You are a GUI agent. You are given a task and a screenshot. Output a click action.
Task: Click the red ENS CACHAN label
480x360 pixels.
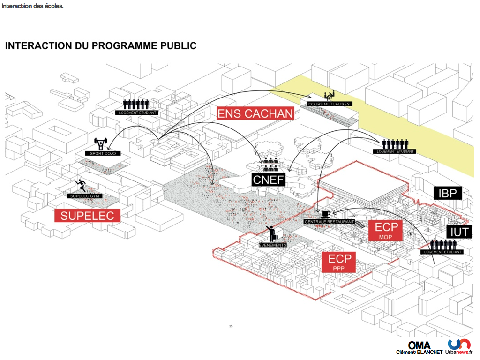[256, 113]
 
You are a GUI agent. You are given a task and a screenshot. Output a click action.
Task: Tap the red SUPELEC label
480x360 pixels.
[87, 215]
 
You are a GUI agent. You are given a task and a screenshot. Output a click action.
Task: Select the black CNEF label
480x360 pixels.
[269, 180]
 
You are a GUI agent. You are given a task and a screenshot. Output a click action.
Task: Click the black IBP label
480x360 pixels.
[448, 193]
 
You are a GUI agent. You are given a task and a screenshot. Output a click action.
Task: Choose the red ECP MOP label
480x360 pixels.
[386, 231]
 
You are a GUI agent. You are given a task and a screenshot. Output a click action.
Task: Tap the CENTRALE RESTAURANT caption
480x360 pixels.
[329, 221]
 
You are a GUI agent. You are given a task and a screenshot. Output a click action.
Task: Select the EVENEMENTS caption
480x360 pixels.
[272, 245]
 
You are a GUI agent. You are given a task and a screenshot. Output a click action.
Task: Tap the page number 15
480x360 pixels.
[231, 326]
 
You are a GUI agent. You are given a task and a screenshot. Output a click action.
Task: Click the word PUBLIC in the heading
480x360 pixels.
[173, 45]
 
